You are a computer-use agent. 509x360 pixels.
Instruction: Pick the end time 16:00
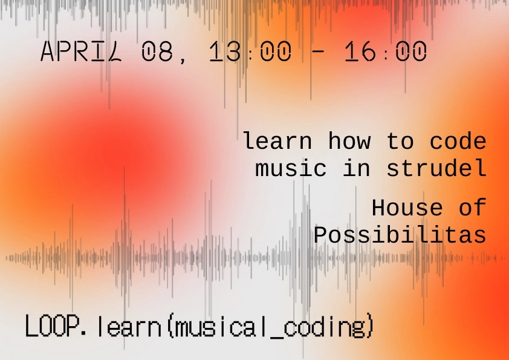coord(386,53)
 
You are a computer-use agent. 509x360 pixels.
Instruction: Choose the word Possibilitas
coord(400,235)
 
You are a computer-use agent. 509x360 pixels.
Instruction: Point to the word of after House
coord(472,208)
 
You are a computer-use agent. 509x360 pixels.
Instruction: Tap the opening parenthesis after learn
coord(170,328)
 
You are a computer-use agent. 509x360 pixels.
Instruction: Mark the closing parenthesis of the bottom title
coord(371,328)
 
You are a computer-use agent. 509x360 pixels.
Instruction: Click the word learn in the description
coord(277,142)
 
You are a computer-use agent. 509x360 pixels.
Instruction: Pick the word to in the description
coord(400,142)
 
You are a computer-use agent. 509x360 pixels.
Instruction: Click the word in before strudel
coord(357,169)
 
